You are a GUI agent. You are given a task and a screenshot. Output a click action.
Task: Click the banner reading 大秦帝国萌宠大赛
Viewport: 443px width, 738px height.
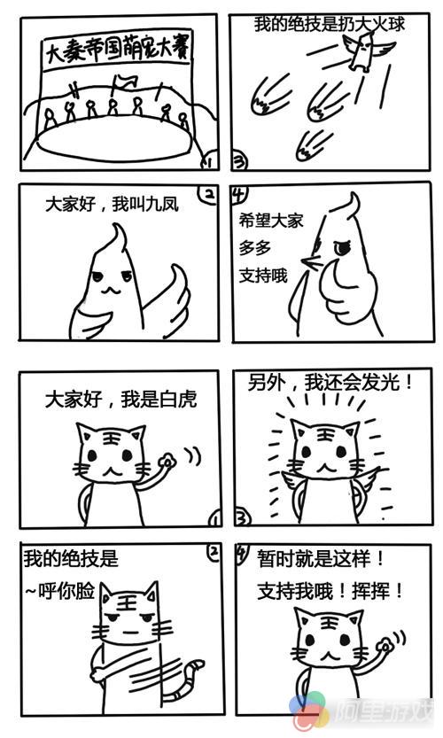tap(117, 50)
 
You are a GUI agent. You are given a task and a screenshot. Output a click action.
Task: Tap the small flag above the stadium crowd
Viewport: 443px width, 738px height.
tap(123, 82)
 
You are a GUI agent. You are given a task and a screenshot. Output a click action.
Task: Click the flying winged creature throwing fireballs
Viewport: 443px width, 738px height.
tap(367, 50)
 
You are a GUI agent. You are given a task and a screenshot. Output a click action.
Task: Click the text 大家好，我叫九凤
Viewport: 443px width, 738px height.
tap(112, 205)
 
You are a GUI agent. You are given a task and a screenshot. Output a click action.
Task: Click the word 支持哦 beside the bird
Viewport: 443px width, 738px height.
tap(262, 276)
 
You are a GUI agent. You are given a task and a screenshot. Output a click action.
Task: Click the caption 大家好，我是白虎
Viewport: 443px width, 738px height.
tap(121, 399)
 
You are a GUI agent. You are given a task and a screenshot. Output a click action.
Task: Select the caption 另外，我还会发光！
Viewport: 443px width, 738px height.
tap(330, 382)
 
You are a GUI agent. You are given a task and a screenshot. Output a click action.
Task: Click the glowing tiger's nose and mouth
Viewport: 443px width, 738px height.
tap(326, 467)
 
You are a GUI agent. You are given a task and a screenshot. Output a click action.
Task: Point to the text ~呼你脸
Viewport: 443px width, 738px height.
tap(59, 591)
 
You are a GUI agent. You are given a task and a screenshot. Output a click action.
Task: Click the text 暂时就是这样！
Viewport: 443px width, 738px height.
tap(321, 559)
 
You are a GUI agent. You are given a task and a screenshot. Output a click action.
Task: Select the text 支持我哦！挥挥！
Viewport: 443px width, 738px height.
tap(330, 591)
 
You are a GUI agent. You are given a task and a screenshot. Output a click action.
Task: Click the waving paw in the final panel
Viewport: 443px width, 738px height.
tap(386, 646)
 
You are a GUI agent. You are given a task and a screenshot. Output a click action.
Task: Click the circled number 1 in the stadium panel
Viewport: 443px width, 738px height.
tap(207, 162)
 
